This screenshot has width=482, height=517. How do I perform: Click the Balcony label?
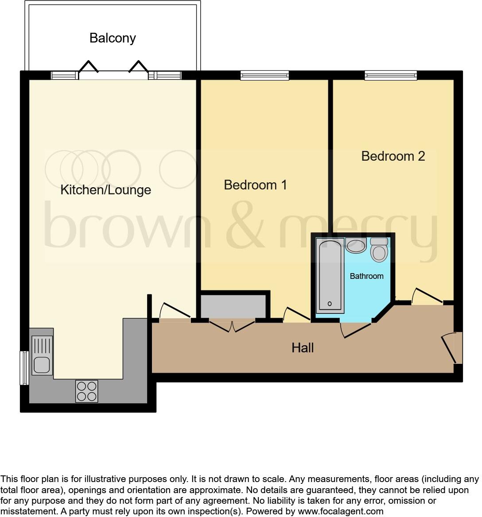point(113,38)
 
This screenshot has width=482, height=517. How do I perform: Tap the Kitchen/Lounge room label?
point(105,190)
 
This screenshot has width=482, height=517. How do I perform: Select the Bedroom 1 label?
point(255,185)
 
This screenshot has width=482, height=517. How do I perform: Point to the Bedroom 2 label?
point(393,156)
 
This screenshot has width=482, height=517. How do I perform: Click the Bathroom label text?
point(366,276)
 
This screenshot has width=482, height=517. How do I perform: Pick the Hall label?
point(303,348)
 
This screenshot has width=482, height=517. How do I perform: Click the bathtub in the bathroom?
point(330,275)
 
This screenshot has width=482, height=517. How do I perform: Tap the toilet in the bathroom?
point(379,250)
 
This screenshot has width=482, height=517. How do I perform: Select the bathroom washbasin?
point(355,245)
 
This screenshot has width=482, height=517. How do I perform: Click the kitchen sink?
point(42,355)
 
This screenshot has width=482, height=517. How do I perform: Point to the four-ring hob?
point(86,391)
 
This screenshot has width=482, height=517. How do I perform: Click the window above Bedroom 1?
point(264,76)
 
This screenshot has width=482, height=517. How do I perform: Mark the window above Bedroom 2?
point(390,76)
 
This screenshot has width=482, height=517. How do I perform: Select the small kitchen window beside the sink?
point(24,368)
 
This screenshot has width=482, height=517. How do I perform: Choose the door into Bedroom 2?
point(428,296)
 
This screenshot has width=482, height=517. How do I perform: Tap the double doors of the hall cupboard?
point(232,325)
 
